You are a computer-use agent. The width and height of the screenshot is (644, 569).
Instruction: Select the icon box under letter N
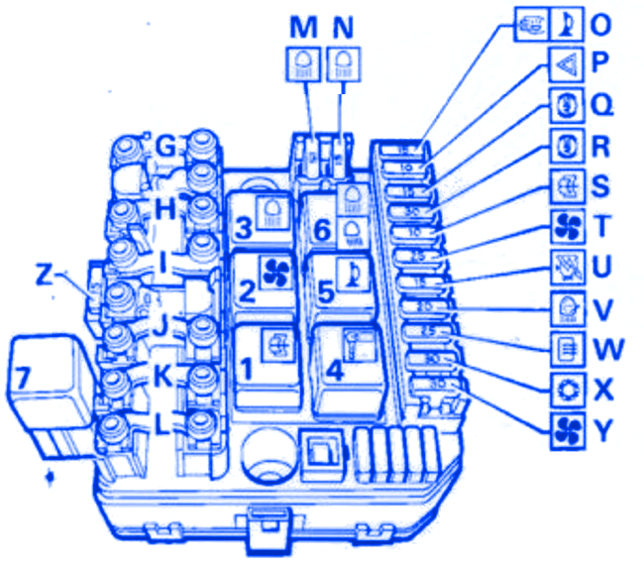click(343, 63)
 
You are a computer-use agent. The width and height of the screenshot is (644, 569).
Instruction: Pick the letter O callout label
click(600, 21)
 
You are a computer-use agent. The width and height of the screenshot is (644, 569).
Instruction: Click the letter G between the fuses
click(166, 147)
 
